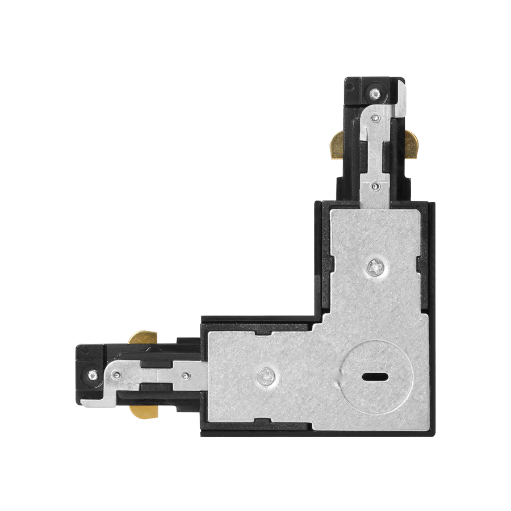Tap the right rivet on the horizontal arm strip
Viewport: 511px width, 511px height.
185,375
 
